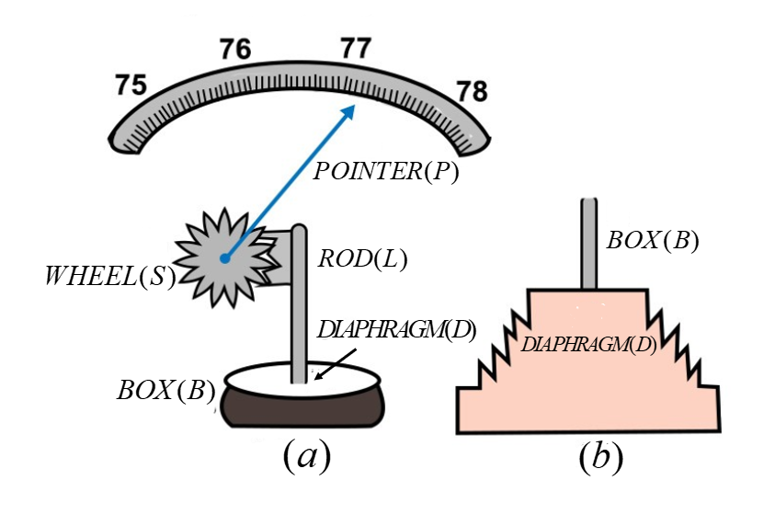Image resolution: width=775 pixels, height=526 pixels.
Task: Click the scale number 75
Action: [131, 85]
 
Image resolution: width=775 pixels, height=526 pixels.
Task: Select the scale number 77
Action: [355, 47]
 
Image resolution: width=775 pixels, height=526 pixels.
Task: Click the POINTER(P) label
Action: [385, 170]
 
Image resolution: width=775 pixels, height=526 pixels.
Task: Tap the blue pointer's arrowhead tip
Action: [354, 106]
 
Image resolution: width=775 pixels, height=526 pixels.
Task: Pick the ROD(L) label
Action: [361, 259]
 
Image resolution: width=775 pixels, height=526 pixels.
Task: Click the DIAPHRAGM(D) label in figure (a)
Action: [396, 330]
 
